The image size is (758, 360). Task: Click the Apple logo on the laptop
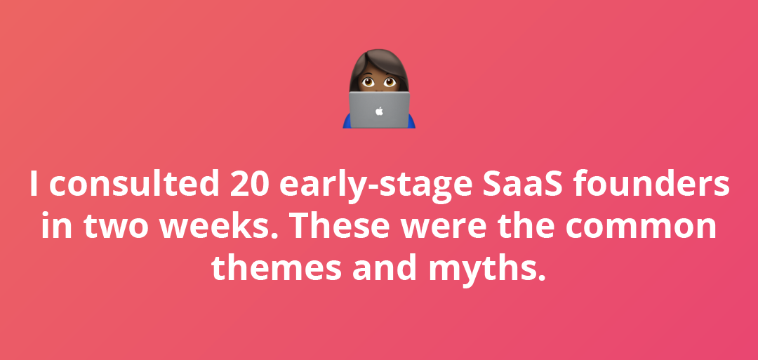pos(379,111)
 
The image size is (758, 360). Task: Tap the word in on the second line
pos(54,226)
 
